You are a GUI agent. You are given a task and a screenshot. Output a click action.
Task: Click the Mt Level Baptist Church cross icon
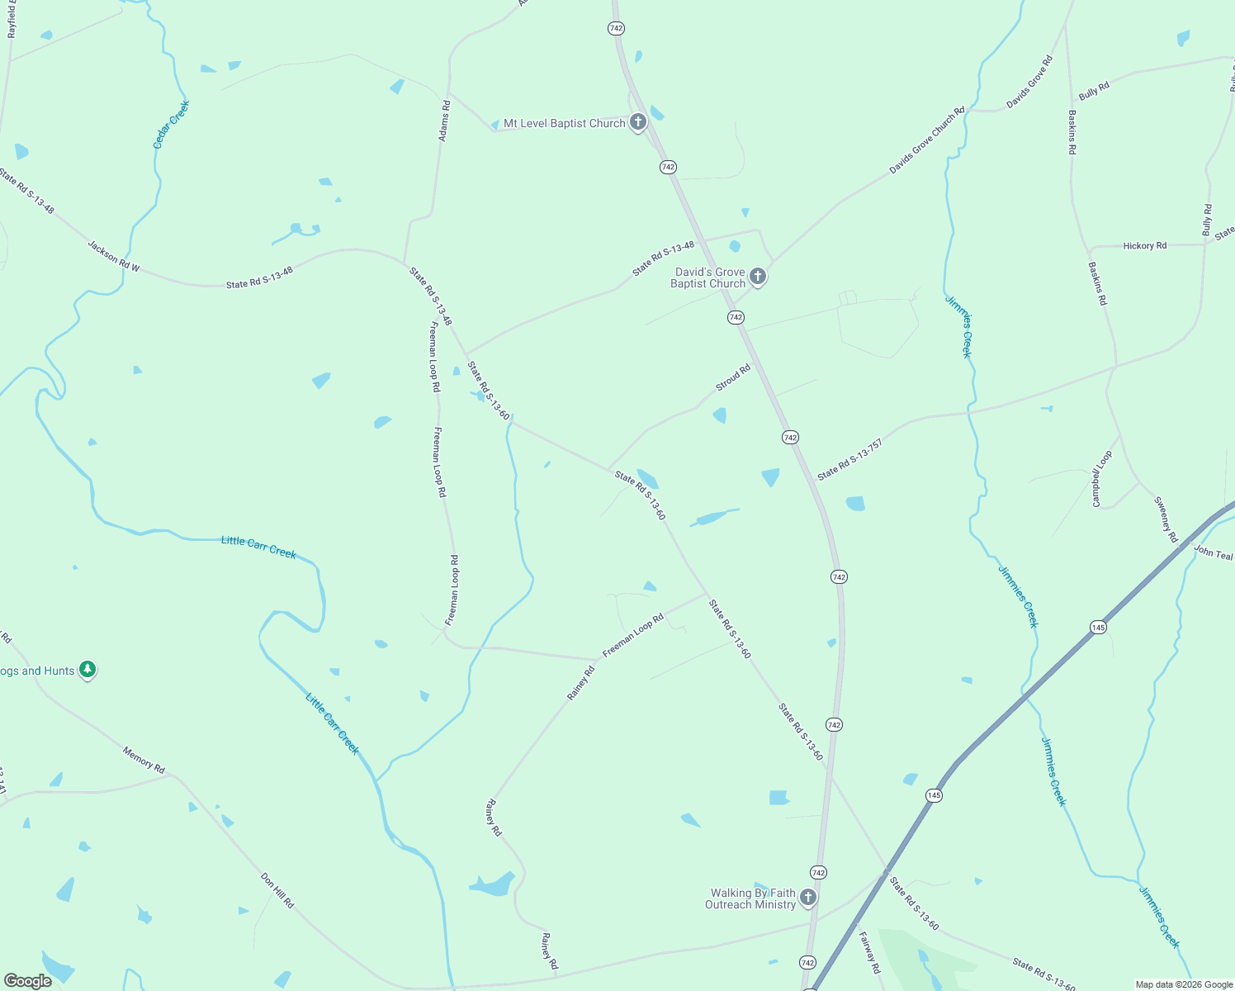point(637,122)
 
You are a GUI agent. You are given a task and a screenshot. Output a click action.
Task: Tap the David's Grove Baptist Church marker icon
point(758,277)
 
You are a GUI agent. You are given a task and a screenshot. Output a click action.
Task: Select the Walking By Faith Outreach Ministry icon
point(808,897)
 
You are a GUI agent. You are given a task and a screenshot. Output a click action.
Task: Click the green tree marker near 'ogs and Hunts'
point(88,670)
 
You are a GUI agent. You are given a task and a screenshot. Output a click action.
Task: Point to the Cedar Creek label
point(171,125)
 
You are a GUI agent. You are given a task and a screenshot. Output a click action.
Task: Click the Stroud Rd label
point(733,377)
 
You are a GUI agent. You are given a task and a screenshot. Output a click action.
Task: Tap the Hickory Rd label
point(1144,246)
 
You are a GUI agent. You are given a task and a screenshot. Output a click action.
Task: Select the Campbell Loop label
point(1102,478)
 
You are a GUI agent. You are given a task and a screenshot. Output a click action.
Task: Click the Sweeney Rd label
point(1166,519)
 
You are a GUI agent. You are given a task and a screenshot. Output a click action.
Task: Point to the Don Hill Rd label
point(277,890)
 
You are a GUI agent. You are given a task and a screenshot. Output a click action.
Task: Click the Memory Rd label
point(144,760)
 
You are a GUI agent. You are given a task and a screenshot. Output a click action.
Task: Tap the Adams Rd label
point(445,121)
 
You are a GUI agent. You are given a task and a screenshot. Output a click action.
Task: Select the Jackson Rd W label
point(114,256)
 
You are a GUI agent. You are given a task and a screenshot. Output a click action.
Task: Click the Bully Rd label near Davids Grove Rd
point(1094,91)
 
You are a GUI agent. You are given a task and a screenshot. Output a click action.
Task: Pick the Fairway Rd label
point(869,952)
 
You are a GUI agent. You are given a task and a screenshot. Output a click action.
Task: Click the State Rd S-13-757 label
point(849,460)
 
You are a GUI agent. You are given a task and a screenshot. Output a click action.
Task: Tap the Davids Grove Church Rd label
point(926,140)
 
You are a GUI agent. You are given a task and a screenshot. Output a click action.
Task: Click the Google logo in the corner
point(28,981)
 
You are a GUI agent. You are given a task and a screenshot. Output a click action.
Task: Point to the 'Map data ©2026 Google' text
point(1183,984)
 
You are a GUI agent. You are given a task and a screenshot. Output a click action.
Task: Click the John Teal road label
point(1213,553)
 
